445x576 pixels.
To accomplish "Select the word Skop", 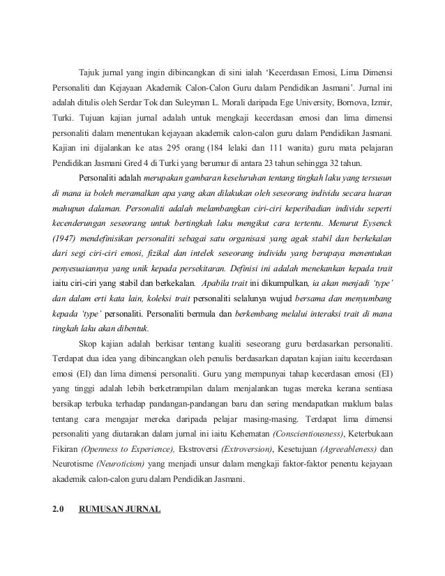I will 88,343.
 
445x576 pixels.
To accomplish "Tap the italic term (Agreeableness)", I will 345,448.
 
